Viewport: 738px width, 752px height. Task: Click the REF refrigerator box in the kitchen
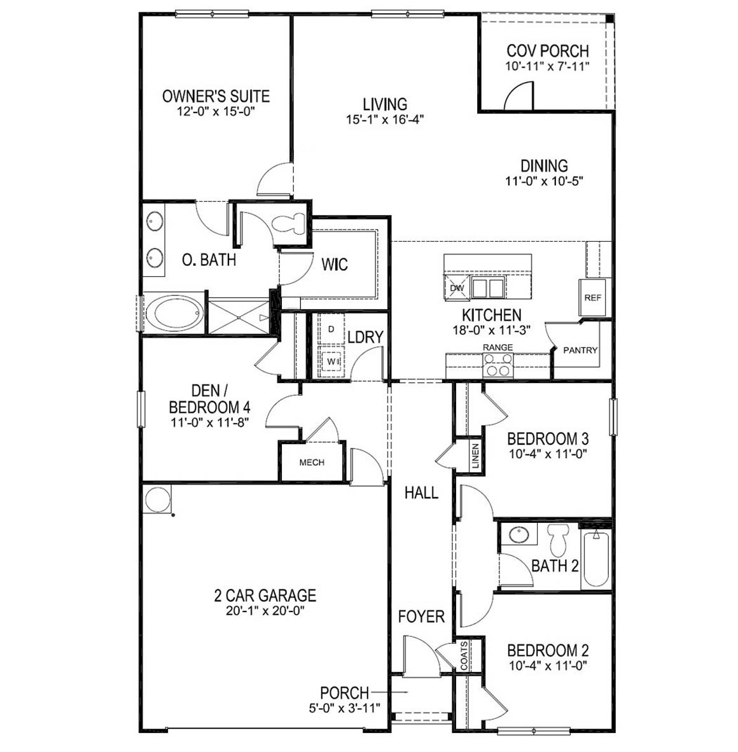(592, 298)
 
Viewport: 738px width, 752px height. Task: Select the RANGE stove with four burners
(498, 365)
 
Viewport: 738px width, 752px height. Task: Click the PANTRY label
(580, 350)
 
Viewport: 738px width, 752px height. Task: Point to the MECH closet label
(312, 463)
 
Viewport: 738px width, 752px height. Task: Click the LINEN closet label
(475, 456)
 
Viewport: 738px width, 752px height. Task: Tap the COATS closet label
(464, 655)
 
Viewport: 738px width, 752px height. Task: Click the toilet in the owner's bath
(287, 224)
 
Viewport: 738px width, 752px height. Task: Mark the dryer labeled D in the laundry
(331, 330)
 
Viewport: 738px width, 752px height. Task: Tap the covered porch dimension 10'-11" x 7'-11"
(547, 66)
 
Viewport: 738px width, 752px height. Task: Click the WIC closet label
(335, 265)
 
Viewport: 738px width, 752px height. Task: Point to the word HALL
(421, 492)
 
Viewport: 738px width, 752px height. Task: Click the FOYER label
(421, 616)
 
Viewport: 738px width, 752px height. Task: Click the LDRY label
(365, 337)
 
